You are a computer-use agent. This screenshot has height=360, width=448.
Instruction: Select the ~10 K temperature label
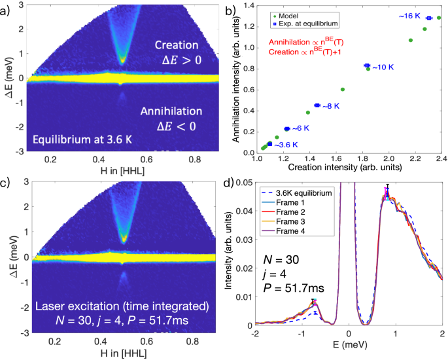385,67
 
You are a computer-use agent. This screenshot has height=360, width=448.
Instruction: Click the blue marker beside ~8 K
317,105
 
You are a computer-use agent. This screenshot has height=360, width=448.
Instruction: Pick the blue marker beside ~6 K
287,129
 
